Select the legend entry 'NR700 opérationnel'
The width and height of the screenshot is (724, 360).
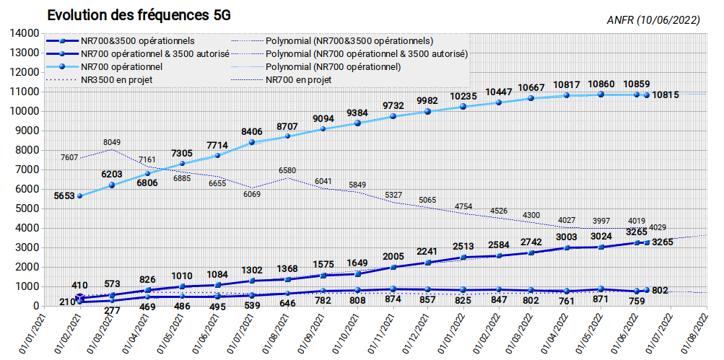point(121,67)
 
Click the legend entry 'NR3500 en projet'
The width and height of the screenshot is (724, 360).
point(116,80)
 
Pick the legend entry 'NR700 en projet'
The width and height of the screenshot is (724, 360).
point(299,80)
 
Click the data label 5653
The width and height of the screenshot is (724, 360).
point(65,196)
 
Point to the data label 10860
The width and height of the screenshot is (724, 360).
point(601,84)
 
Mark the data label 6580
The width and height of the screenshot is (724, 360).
point(288,171)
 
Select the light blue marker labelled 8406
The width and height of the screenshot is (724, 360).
point(252,142)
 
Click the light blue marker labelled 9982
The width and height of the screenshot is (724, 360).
point(427,111)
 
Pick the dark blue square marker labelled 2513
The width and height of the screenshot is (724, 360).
point(463,257)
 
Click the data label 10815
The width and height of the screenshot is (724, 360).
point(666,95)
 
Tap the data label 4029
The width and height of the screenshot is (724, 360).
point(658,227)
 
